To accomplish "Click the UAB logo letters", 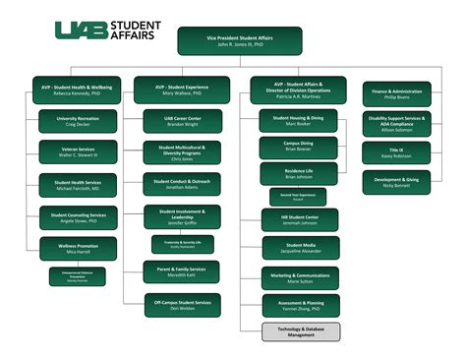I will (x=78, y=32).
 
